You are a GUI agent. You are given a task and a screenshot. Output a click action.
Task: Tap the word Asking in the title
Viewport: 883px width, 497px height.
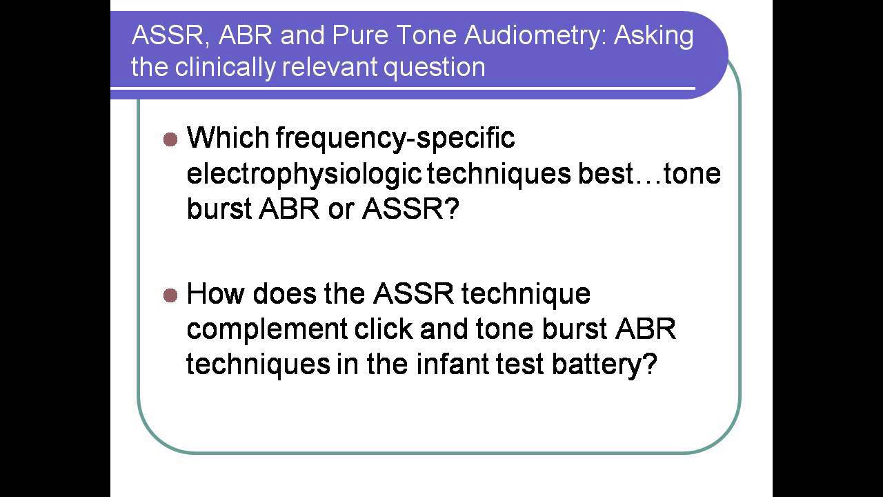point(653,36)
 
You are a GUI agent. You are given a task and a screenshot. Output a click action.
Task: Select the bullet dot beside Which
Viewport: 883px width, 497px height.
point(170,139)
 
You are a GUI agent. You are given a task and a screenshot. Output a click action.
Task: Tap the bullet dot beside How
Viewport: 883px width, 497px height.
point(170,295)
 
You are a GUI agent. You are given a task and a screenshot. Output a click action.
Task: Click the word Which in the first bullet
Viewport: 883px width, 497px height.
point(228,138)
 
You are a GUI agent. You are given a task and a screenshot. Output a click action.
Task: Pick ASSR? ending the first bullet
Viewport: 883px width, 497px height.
point(410,210)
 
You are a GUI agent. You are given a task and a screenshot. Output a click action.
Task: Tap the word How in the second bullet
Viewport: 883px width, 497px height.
point(216,294)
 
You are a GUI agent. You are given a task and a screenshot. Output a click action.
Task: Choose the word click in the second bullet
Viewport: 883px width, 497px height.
point(384,329)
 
